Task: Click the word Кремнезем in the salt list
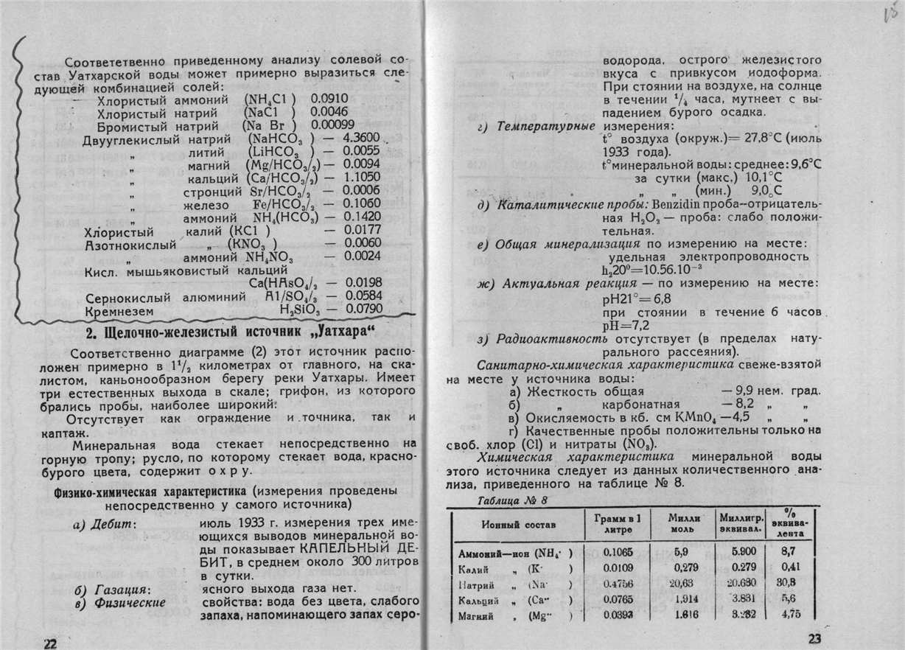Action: pos(120,312)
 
